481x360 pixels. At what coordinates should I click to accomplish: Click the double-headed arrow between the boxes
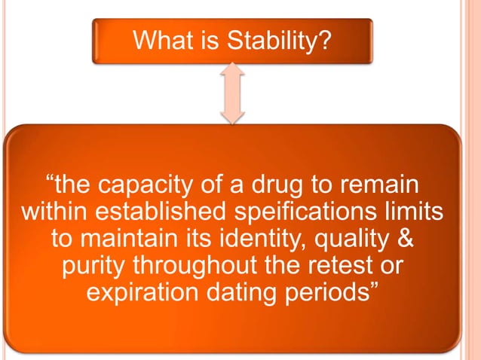232,93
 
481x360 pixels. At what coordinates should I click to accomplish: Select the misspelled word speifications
305,212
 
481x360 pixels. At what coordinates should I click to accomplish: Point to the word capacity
146,186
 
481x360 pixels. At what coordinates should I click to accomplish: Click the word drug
277,185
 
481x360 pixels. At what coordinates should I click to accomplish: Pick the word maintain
129,238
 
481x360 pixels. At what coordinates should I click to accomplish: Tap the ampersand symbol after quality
406,238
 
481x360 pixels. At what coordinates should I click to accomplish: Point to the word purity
93,266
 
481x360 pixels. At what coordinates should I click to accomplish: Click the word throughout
195,264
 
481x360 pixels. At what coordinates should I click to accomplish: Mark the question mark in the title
324,40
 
